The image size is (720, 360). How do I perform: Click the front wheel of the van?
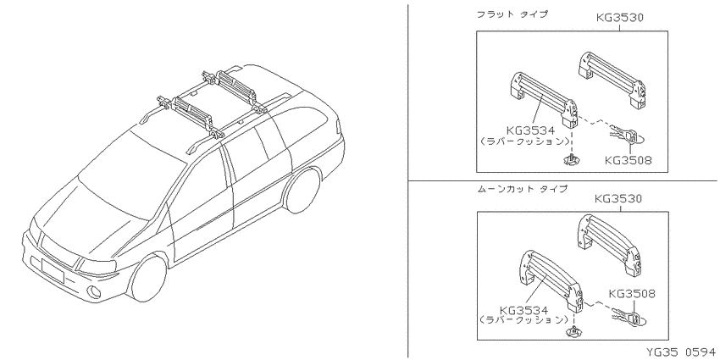pyautogui.click(x=147, y=278)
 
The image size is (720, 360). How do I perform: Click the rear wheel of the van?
pyautogui.click(x=302, y=190)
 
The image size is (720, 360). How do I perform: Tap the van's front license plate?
pyautogui.click(x=53, y=270)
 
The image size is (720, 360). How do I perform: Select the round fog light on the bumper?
pyautogui.click(x=95, y=291)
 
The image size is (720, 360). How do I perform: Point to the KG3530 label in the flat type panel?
pyautogui.click(x=619, y=18)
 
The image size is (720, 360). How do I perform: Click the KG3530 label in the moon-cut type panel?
pyautogui.click(x=618, y=199)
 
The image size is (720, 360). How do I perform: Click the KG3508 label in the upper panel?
pyautogui.click(x=629, y=160)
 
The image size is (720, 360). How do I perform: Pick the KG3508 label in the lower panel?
pyautogui.click(x=632, y=293)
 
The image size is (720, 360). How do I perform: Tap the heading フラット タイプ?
pyautogui.click(x=512, y=14)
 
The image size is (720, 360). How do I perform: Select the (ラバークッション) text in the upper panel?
pyautogui.click(x=524, y=141)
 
